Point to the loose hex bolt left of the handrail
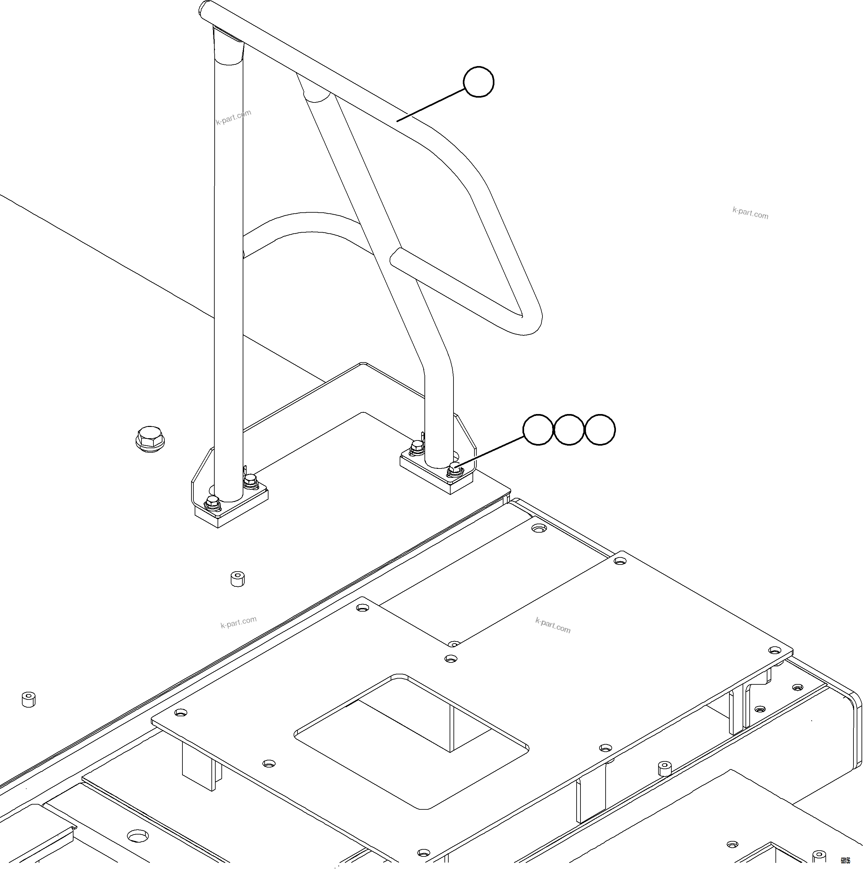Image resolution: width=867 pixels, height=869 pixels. coord(150,438)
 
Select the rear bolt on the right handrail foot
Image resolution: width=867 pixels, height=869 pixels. coord(417,448)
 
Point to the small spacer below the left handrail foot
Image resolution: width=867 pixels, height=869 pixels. coord(238,579)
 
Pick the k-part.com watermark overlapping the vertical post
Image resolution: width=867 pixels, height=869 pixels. coord(233,117)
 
